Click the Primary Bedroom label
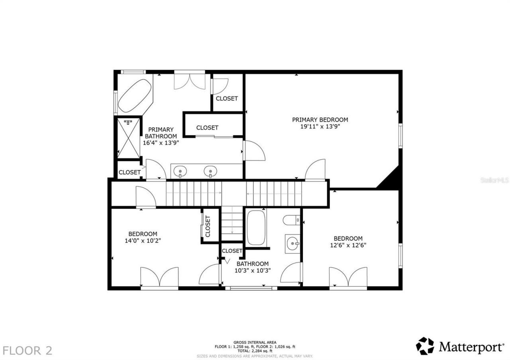pyautogui.click(x=320, y=119)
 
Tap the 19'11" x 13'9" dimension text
pyautogui.click(x=320, y=127)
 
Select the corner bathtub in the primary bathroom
pyautogui.click(x=134, y=96)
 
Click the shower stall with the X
pyautogui.click(x=128, y=138)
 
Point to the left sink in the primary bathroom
pyautogui.click(x=180, y=172)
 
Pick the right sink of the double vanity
pyautogui.click(x=210, y=172)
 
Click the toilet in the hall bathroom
pyautogui.click(x=292, y=219)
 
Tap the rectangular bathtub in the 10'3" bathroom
pyautogui.click(x=256, y=228)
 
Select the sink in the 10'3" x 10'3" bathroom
pyautogui.click(x=293, y=242)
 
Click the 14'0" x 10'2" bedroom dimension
pyautogui.click(x=143, y=241)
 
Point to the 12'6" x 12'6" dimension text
pyautogui.click(x=348, y=245)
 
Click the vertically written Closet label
pyautogui.click(x=208, y=226)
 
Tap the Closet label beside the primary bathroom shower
pyautogui.click(x=129, y=172)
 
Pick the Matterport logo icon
pyautogui.click(x=425, y=346)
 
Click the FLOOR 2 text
pyautogui.click(x=27, y=350)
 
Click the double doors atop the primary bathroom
pyautogui.click(x=190, y=81)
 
